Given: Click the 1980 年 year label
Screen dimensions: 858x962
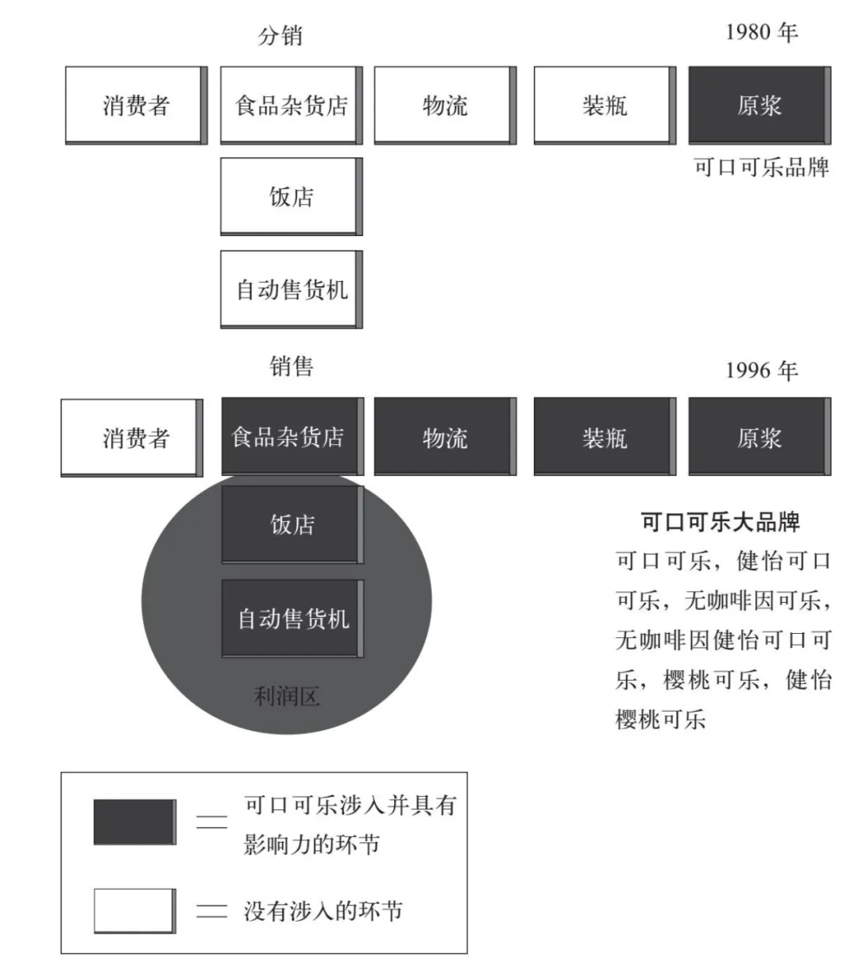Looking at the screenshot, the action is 761,33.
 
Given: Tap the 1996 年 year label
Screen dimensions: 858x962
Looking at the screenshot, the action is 761,370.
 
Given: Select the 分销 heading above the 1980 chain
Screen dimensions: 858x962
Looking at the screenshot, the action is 280,36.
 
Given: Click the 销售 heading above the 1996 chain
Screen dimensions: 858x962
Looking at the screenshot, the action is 291,366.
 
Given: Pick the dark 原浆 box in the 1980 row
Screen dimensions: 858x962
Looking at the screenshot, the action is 759,105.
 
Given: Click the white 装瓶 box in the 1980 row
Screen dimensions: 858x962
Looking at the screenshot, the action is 604,105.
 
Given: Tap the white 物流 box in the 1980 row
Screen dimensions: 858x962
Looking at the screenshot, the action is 445,105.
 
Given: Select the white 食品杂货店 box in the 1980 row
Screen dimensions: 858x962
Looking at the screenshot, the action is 291,105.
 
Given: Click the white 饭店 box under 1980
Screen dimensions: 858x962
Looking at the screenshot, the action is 291,196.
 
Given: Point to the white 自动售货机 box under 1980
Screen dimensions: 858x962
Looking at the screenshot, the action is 291,289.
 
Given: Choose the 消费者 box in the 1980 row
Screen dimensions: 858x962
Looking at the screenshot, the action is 136,105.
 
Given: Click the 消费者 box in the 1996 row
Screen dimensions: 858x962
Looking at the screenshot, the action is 132,437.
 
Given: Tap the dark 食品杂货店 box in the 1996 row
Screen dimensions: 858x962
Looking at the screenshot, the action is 291,436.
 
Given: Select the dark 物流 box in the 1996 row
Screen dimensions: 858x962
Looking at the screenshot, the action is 445,437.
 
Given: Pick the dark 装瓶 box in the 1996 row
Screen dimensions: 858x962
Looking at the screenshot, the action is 604,437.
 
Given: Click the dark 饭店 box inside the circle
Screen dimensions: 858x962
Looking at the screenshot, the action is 292,524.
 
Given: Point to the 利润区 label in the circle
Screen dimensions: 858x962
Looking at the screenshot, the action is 287,697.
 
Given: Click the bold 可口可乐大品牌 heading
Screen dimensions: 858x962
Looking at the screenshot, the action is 720,522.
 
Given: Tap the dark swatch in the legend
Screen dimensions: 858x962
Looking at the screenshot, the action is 134,822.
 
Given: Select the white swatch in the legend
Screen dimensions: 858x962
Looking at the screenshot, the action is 134,910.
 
